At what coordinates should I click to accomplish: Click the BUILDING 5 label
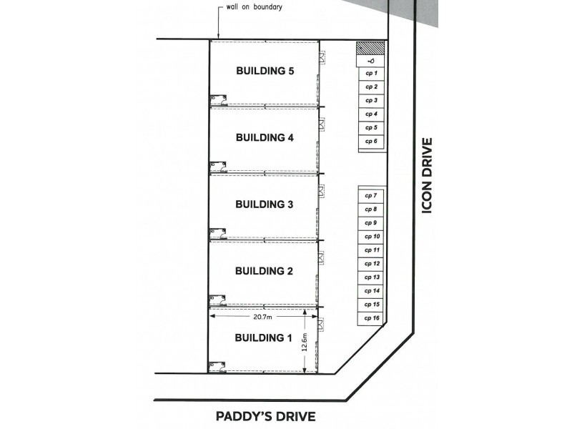[265, 71]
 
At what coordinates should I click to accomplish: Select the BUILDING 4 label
[265, 138]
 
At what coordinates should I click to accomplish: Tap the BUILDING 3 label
[265, 204]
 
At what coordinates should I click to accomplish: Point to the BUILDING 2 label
[265, 271]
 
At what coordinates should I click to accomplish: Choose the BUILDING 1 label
[265, 337]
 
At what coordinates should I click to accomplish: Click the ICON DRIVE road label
[428, 175]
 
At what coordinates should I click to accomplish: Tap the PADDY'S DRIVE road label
[265, 416]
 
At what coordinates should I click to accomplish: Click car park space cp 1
[371, 74]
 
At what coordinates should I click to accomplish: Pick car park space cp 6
[371, 142]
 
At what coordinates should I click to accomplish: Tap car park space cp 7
[371, 195]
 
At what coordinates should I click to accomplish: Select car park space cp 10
[371, 236]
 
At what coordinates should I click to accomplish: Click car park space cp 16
[371, 317]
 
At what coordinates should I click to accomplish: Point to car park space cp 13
[371, 277]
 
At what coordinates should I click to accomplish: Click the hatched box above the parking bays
[371, 48]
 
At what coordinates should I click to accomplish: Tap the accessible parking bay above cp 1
[371, 61]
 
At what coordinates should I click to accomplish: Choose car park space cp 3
[371, 101]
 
